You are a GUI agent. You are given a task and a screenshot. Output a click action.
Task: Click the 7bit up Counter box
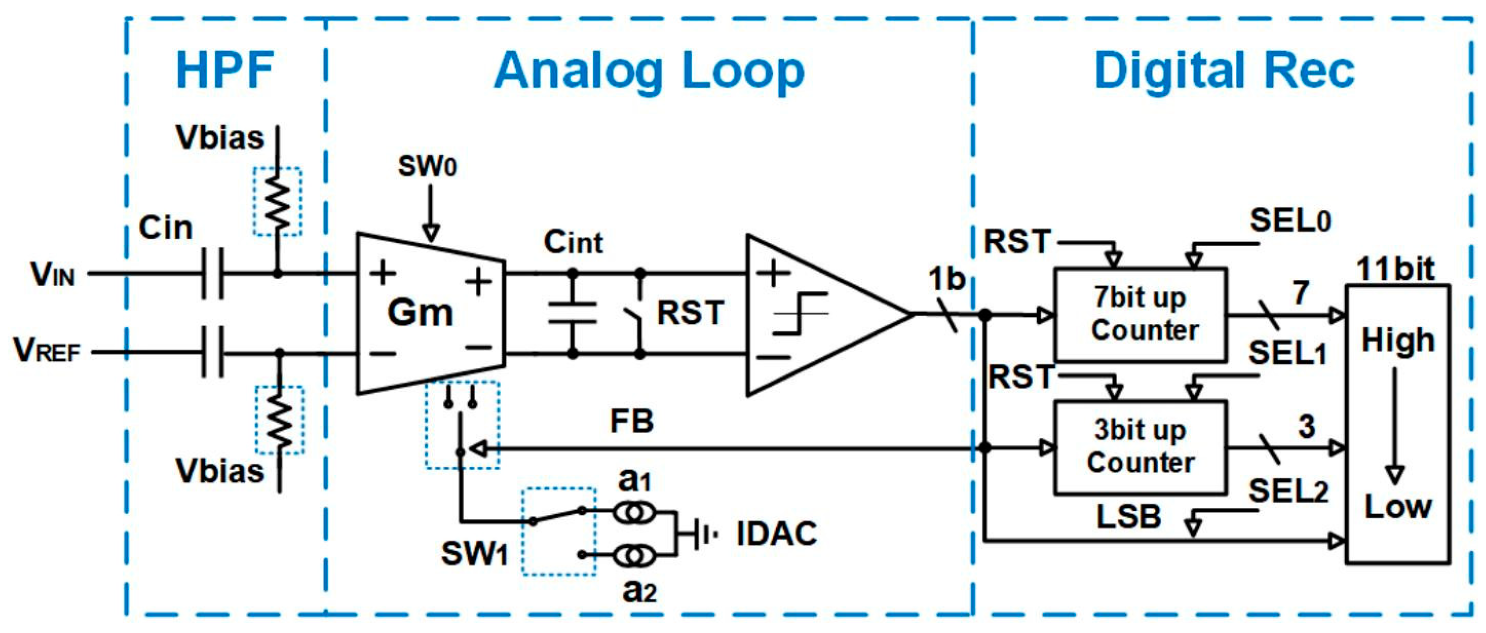(x=1140, y=315)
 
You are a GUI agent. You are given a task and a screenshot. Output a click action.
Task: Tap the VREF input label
(x=47, y=351)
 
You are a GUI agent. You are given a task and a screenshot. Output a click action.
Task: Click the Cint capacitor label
(x=573, y=242)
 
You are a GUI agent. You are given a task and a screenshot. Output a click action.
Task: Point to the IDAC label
(x=777, y=533)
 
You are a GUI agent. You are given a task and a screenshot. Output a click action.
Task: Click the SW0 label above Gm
(x=427, y=167)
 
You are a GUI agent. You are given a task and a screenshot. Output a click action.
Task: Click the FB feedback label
(x=632, y=422)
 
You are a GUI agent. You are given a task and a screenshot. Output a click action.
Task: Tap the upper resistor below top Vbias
(x=278, y=202)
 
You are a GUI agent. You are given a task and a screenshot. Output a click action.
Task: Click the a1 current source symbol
(x=633, y=511)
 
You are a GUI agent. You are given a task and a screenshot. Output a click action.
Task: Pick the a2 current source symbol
(x=633, y=556)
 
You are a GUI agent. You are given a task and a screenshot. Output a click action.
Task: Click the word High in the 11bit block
(x=1398, y=340)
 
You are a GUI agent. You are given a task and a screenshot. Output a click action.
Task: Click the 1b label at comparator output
(x=946, y=279)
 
